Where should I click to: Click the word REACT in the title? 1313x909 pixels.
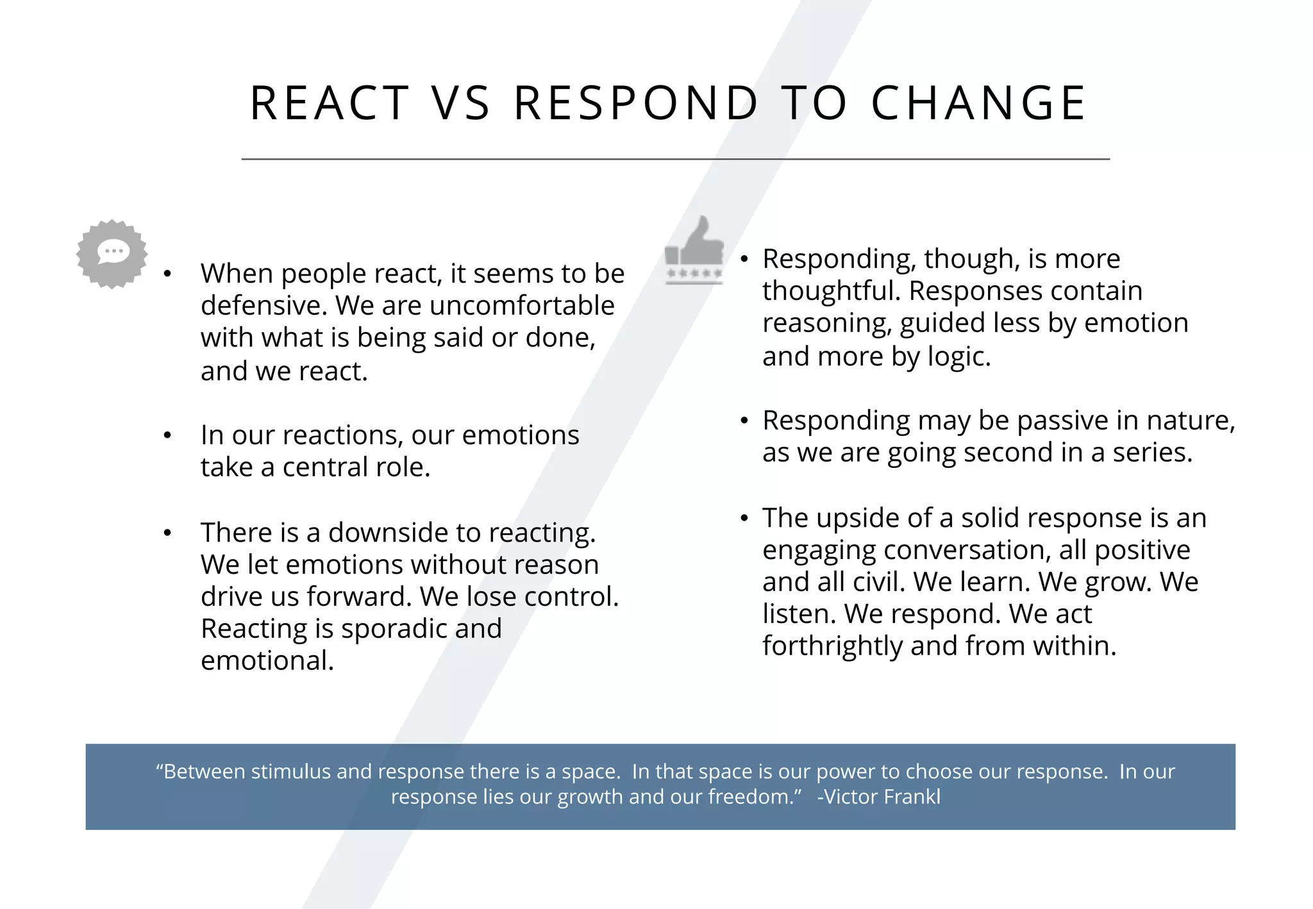[x=329, y=103]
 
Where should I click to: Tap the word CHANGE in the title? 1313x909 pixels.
[x=978, y=103]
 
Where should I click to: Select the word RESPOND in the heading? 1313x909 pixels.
[x=636, y=103]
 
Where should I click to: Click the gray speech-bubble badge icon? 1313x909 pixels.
[x=112, y=254]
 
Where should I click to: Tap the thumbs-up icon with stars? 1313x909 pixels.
[x=694, y=251]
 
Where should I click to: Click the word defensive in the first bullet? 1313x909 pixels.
[x=263, y=306]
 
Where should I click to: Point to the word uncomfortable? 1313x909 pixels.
[x=522, y=306]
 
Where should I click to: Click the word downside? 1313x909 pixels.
[x=388, y=533]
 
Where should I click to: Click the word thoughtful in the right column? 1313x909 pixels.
[x=831, y=291]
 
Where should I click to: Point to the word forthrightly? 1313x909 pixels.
[x=832, y=646]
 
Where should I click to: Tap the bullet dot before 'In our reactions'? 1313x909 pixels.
[x=167, y=436]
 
